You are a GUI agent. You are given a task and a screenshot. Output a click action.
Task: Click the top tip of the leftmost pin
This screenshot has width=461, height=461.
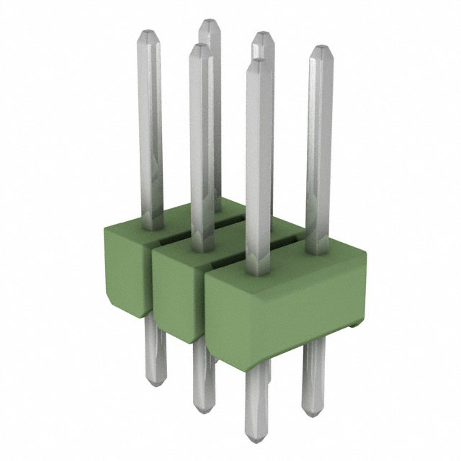(148, 33)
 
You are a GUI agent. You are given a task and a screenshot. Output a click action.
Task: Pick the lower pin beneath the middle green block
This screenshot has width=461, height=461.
(203, 375)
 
